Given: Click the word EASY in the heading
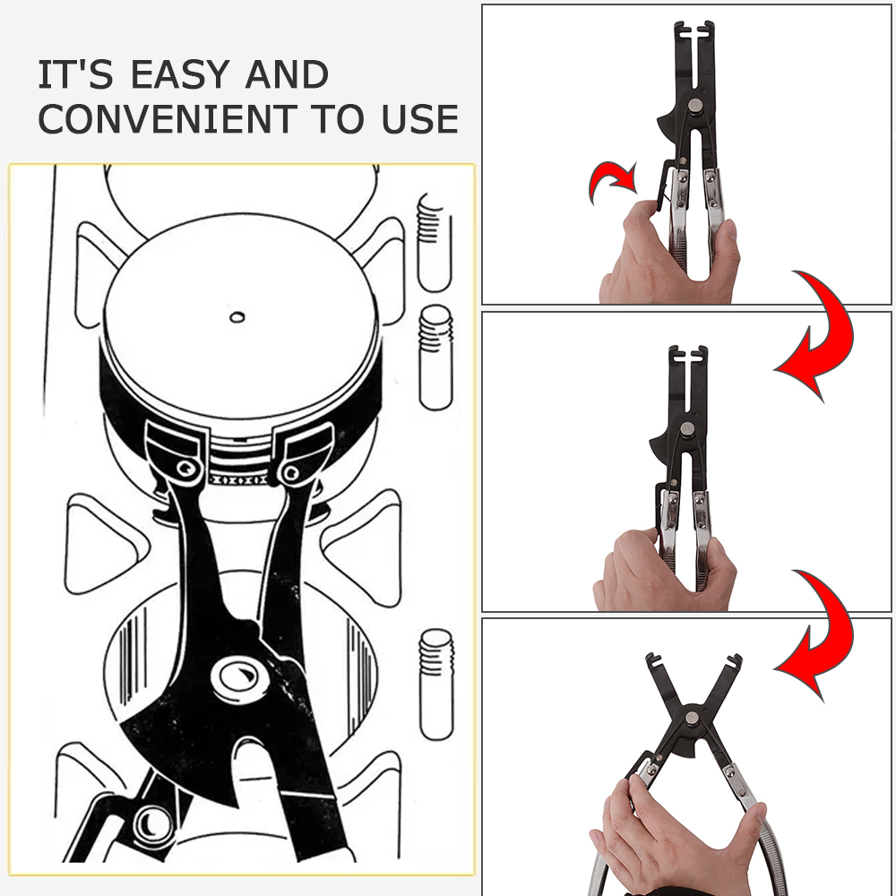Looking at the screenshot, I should (x=184, y=75).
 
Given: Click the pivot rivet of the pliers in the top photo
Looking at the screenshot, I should (x=693, y=108).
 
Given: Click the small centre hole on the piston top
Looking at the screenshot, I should (x=237, y=315).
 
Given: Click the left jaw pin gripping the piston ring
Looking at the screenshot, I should (x=185, y=469).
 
